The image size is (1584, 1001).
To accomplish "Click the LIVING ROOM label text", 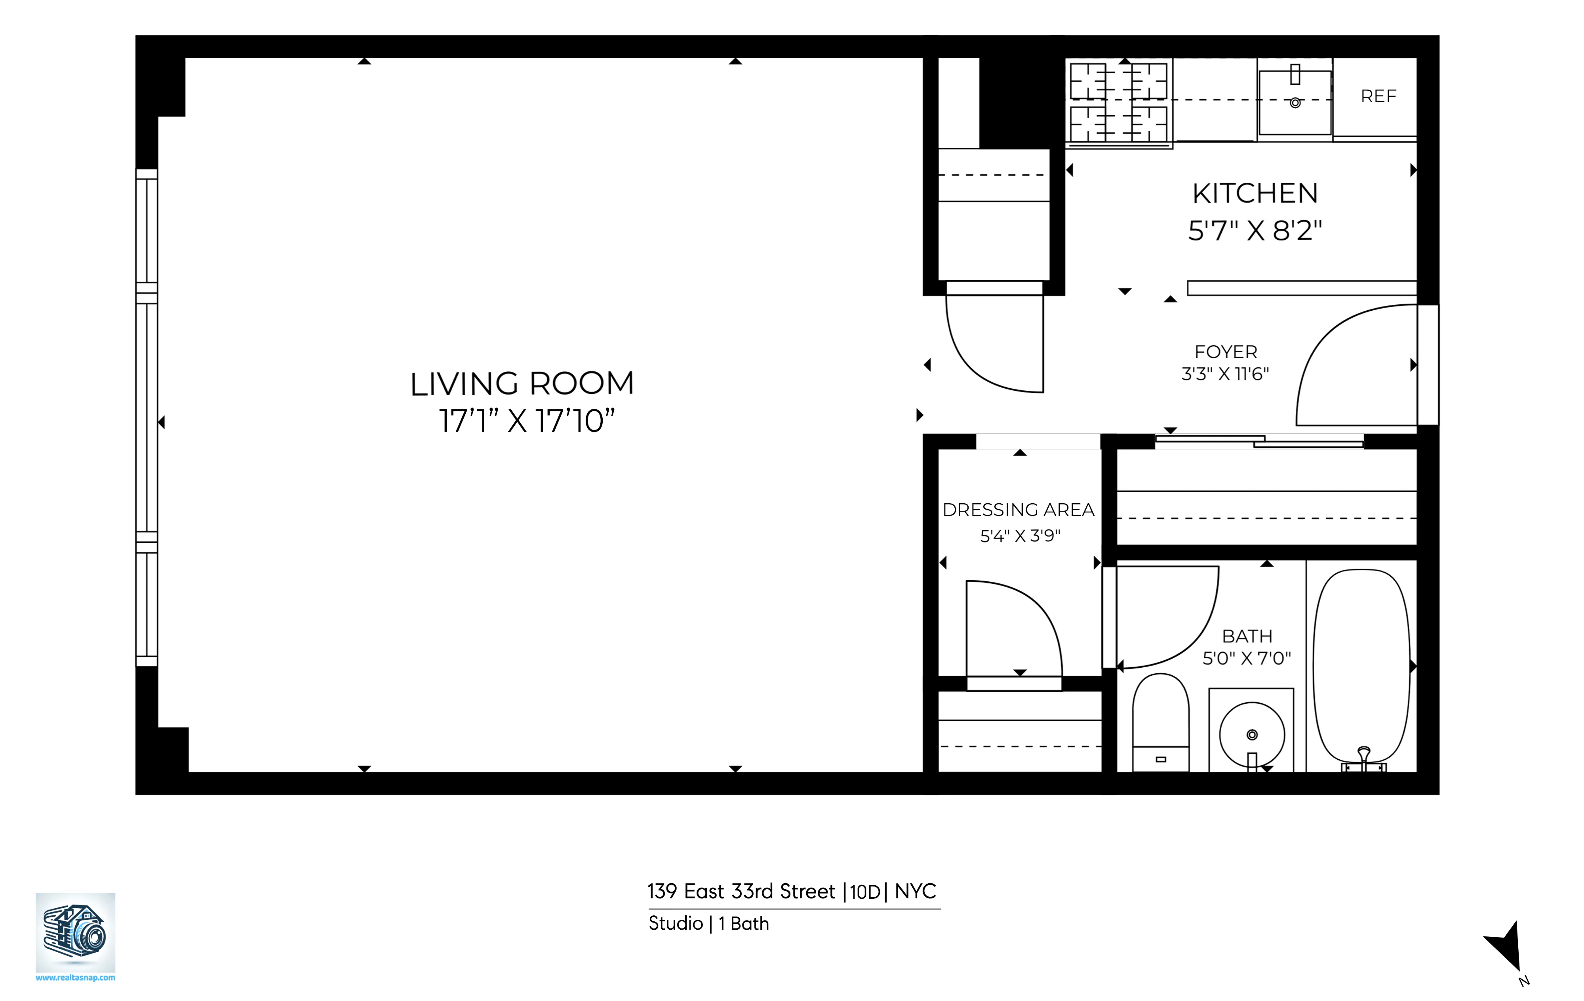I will (x=522, y=384).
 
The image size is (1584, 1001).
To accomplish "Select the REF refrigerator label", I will (x=1378, y=97).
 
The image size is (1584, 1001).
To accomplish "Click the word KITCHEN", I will (x=1255, y=193).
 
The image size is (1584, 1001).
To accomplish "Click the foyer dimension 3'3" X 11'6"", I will (x=1225, y=374).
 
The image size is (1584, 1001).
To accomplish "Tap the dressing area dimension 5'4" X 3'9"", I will (x=1020, y=536).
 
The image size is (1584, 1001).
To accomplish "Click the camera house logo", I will (x=75, y=931).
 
